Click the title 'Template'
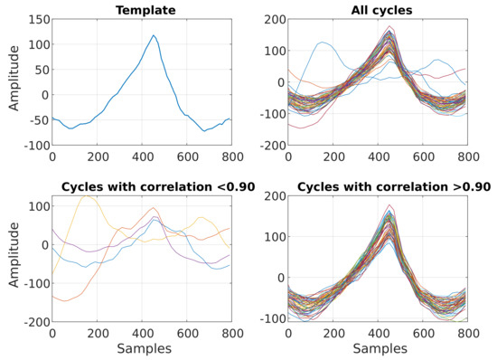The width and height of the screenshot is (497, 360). pyautogui.click(x=141, y=10)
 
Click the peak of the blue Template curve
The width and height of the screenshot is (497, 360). pyautogui.click(x=154, y=36)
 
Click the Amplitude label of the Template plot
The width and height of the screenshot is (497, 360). pyautogui.click(x=13, y=82)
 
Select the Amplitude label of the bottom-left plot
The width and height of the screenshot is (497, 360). pyautogui.click(x=13, y=258)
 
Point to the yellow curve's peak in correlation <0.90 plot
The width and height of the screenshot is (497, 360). pyautogui.click(x=87, y=195)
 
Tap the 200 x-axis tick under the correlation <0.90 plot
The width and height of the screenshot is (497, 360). pyautogui.click(x=97, y=333)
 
